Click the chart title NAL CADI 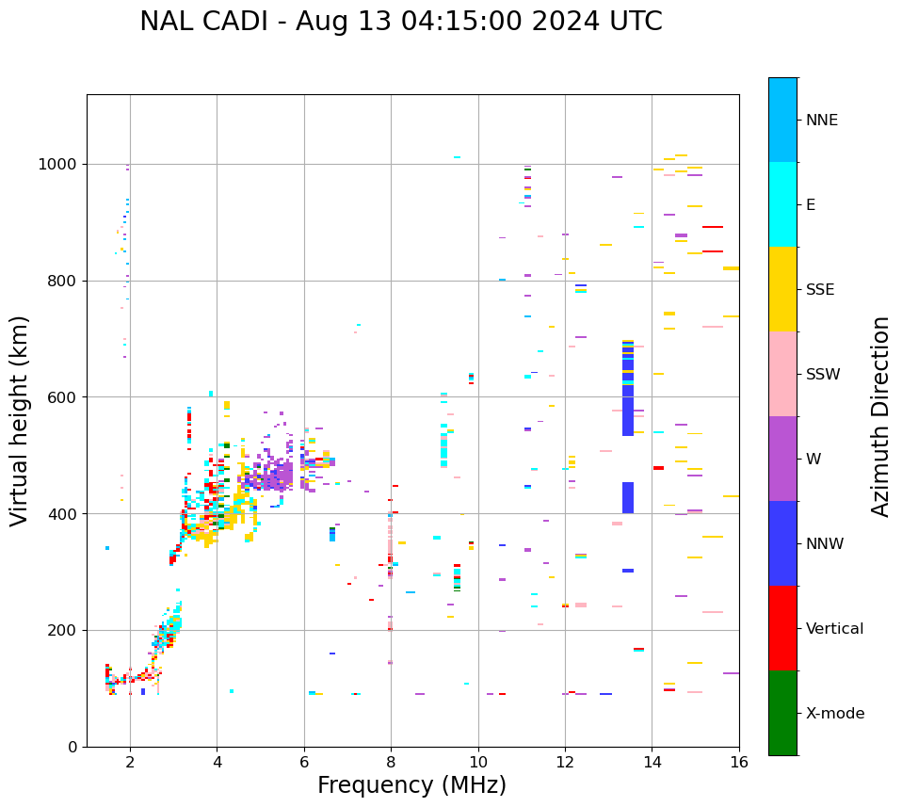(400, 22)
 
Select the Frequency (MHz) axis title (411, 785)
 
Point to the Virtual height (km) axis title (20, 421)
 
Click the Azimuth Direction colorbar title (880, 415)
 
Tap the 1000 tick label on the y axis (58, 165)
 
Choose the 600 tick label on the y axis (62, 397)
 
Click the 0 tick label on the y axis (72, 747)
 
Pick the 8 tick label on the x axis (391, 762)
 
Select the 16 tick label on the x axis (739, 762)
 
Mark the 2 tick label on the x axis (130, 762)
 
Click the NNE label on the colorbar (821, 121)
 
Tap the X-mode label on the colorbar (834, 714)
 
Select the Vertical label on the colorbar (834, 629)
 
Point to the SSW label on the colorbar (823, 375)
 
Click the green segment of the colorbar (782, 713)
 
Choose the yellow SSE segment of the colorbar (782, 289)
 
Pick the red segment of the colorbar (782, 628)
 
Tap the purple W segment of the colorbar (782, 459)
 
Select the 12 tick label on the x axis (565, 762)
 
